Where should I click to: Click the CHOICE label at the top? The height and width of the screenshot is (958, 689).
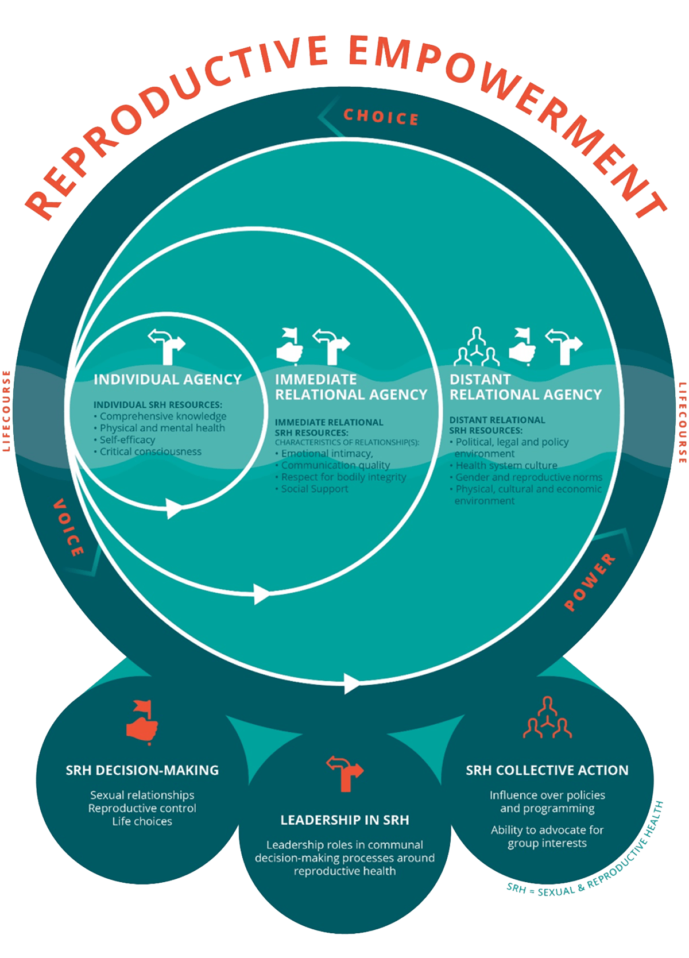(x=381, y=117)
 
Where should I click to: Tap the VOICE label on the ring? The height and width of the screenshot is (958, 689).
(x=68, y=528)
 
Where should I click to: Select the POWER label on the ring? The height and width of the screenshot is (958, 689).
(x=589, y=582)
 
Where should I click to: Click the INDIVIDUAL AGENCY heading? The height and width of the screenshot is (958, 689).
(x=168, y=380)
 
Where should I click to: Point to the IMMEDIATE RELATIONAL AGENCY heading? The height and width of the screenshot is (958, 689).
(x=351, y=387)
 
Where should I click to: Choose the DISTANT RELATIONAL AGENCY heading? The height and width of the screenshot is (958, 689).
(x=525, y=387)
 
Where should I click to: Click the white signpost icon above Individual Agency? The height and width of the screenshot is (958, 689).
(x=167, y=346)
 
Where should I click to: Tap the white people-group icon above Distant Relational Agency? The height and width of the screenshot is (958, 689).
(x=477, y=347)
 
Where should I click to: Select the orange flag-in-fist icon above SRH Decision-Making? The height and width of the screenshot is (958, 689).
(x=142, y=721)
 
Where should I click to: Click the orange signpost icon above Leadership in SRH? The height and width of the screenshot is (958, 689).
(x=344, y=773)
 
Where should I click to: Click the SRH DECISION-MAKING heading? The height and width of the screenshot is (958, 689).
(x=142, y=770)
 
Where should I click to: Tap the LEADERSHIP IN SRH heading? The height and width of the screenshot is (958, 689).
(x=344, y=820)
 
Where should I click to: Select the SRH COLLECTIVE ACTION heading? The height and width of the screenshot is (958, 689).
(x=547, y=770)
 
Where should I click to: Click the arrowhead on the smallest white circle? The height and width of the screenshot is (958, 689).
(x=174, y=508)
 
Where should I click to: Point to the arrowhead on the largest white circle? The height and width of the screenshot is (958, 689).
(x=352, y=683)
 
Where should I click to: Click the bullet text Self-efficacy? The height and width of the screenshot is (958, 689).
(x=127, y=440)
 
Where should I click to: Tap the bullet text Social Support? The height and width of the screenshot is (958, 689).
(x=314, y=489)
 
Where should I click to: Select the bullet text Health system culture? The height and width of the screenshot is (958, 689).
(x=506, y=465)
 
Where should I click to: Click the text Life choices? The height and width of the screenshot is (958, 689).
(x=142, y=821)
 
